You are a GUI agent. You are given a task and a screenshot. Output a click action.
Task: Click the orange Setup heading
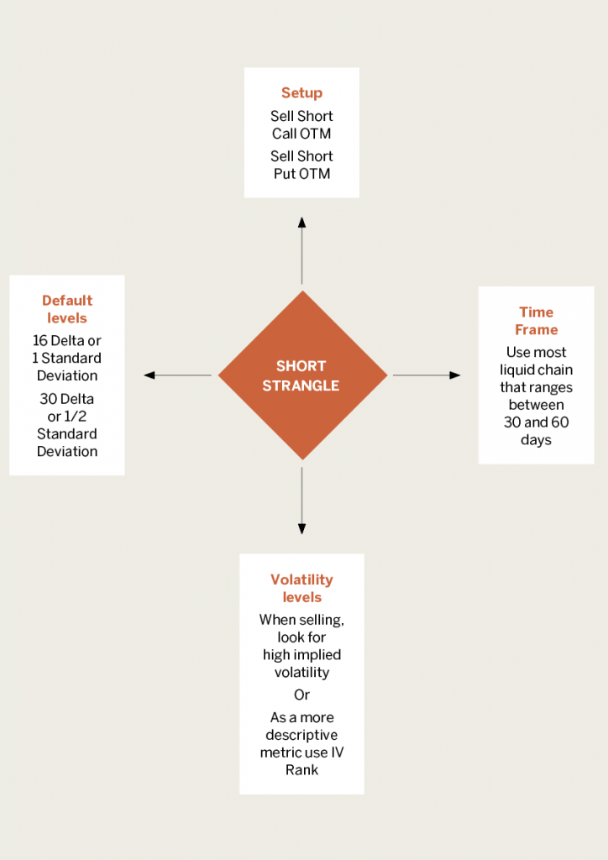tap(301, 93)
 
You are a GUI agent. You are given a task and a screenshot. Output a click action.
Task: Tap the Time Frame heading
tap(536, 321)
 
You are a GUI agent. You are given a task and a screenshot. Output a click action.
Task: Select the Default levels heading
tap(67, 309)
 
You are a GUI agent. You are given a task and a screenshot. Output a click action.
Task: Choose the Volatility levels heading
tap(301, 589)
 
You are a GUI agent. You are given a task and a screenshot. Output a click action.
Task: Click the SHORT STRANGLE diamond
tap(302, 375)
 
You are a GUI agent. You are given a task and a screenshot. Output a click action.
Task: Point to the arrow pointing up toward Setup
tap(301, 250)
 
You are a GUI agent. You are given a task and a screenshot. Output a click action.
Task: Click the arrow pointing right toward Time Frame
tap(427, 375)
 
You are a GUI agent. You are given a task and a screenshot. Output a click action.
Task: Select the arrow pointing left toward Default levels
tap(178, 375)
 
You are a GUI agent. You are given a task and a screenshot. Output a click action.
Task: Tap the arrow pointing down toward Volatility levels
tap(301, 501)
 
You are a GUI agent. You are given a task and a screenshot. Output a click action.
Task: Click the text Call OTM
tap(301, 134)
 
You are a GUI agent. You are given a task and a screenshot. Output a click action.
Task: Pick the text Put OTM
tap(301, 174)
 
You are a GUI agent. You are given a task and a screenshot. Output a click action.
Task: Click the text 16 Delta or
tap(67, 341)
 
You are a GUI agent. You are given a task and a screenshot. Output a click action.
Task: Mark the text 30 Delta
tap(67, 399)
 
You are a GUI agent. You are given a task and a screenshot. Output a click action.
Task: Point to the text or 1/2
tap(67, 417)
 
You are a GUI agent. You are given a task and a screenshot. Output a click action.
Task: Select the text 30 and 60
tap(536, 422)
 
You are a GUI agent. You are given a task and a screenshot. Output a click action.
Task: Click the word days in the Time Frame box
tap(536, 440)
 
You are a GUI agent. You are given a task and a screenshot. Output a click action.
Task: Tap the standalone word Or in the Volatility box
tap(301, 695)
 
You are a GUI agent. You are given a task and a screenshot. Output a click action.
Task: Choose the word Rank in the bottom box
tap(301, 770)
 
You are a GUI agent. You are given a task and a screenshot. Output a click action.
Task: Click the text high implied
tap(301, 655)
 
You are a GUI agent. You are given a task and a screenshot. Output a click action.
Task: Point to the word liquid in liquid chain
tap(518, 370)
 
